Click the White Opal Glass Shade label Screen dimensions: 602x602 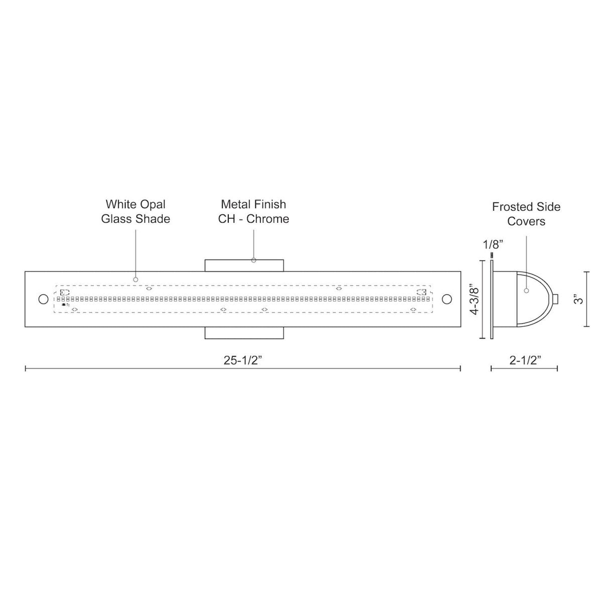pos(135,211)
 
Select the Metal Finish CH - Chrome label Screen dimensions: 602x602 pos(253,211)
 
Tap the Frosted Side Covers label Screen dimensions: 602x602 pos(526,214)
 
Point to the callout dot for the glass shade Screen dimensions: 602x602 pos(135,279)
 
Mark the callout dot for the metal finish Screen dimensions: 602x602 pos(253,260)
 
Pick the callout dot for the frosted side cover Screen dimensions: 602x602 pos(526,290)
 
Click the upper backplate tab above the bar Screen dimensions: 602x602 pos(244,265)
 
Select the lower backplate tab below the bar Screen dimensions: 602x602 pos(244,333)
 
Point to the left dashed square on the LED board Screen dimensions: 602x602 pos(65,292)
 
